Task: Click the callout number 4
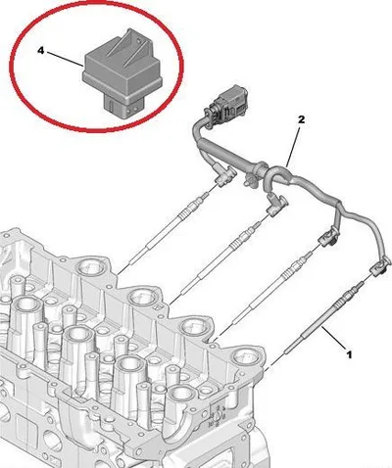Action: [40, 51]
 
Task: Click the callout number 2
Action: [301, 119]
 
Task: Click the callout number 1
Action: [349, 354]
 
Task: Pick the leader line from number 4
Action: [64, 58]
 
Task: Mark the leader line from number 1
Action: [333, 338]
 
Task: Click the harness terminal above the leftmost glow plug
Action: [224, 175]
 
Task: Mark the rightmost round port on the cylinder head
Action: [246, 358]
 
